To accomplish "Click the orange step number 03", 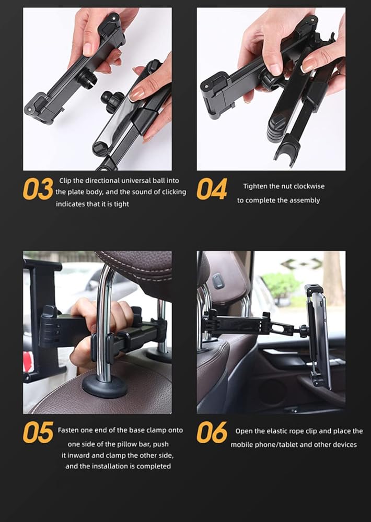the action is coord(38,189).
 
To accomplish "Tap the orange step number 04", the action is coord(212,189).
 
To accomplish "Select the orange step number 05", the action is coord(38,432).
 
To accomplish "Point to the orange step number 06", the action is coord(212,432).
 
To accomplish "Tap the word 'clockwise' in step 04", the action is coord(309,186).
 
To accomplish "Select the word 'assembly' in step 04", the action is coord(305,200).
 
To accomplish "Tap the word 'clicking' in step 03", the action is coord(174,192).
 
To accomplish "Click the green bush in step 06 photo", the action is coord(281,285).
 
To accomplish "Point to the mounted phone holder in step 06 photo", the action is coord(318,336).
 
